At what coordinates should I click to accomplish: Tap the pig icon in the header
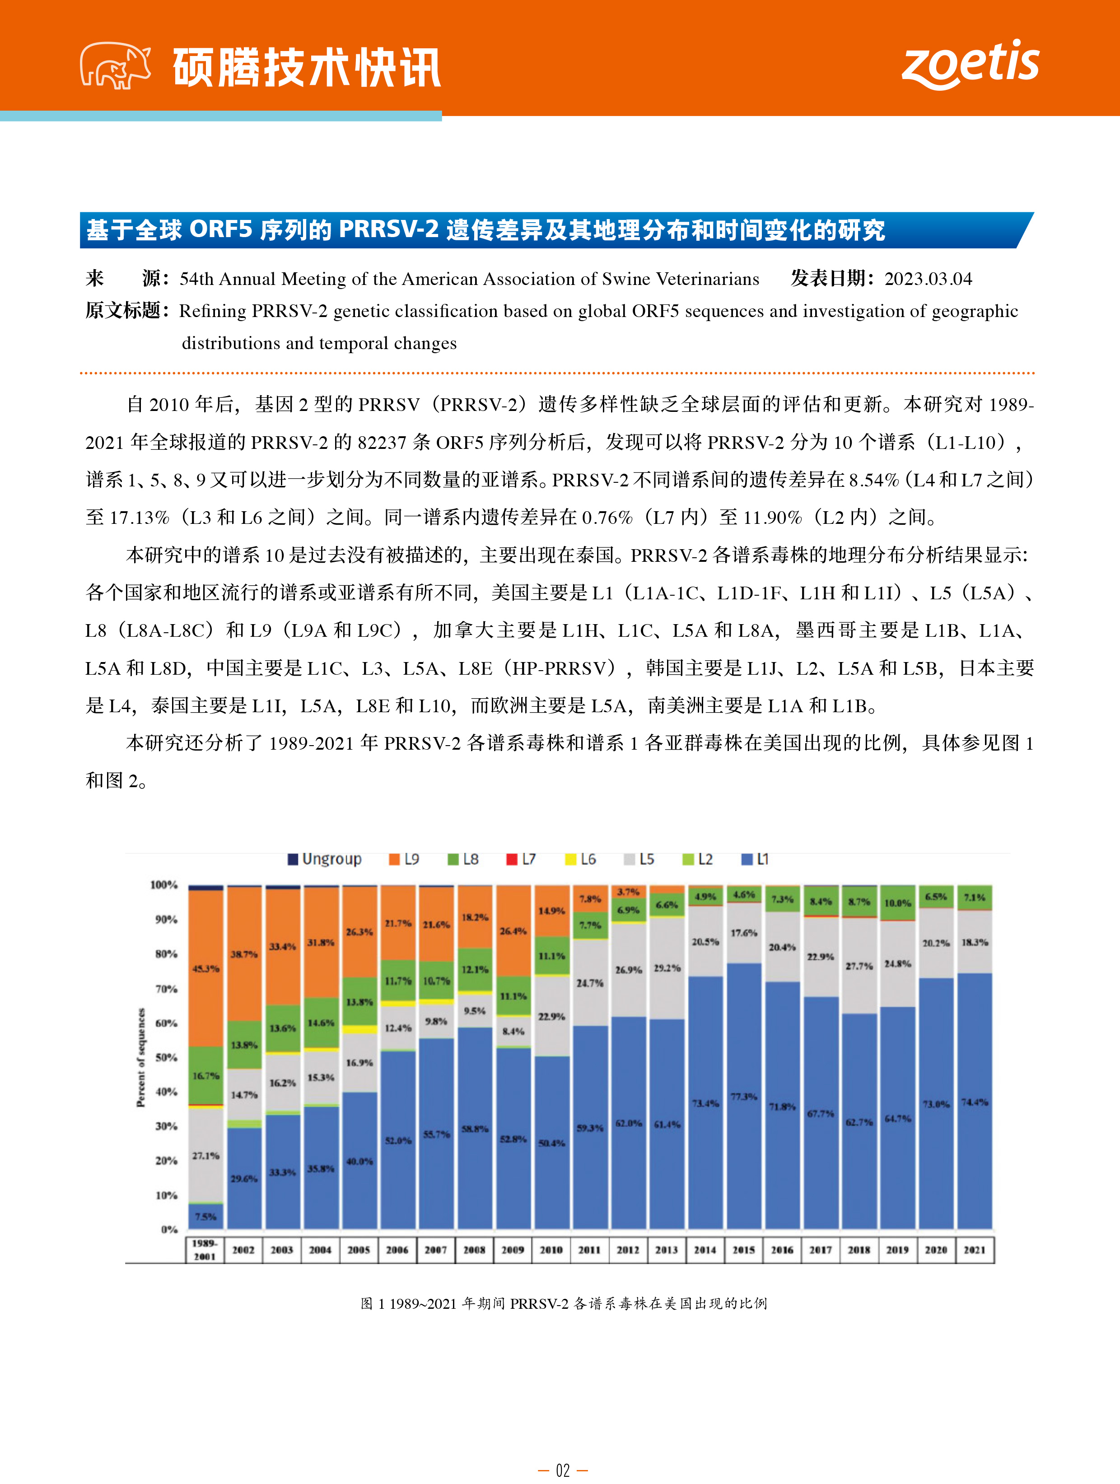(x=115, y=66)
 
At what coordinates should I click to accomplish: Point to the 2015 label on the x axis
(x=743, y=1250)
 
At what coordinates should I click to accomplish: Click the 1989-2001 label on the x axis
(x=205, y=1250)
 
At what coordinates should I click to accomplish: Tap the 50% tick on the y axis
(x=167, y=1058)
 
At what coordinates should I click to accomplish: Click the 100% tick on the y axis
(x=164, y=885)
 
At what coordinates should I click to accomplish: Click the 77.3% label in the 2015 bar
(x=743, y=1097)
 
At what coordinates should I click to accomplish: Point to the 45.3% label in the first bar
(x=205, y=969)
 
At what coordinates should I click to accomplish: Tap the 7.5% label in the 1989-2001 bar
(x=205, y=1216)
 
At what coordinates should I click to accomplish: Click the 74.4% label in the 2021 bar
(x=975, y=1102)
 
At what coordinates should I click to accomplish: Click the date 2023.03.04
(x=928, y=279)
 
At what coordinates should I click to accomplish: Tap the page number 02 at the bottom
(x=562, y=1470)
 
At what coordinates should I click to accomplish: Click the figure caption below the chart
(x=564, y=1303)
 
